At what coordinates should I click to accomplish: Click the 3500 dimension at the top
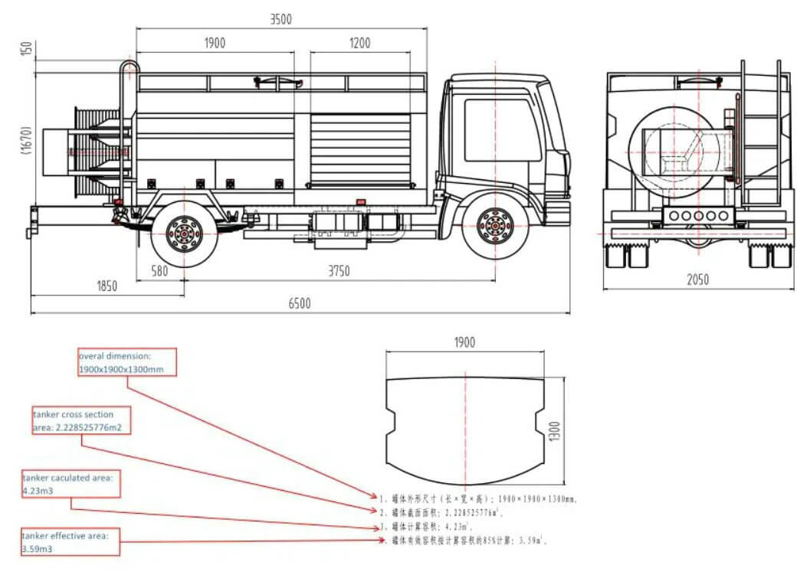(x=280, y=20)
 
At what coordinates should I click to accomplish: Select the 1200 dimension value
(x=359, y=44)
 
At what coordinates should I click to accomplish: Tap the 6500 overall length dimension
(x=300, y=303)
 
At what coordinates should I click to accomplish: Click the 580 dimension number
(x=159, y=270)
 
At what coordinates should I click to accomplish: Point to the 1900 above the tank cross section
(x=464, y=342)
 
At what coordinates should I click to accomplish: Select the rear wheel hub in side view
(x=184, y=231)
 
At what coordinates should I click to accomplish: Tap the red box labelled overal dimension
(x=128, y=361)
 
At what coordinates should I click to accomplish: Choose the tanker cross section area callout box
(x=81, y=421)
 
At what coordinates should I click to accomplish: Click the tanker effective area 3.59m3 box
(x=70, y=542)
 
